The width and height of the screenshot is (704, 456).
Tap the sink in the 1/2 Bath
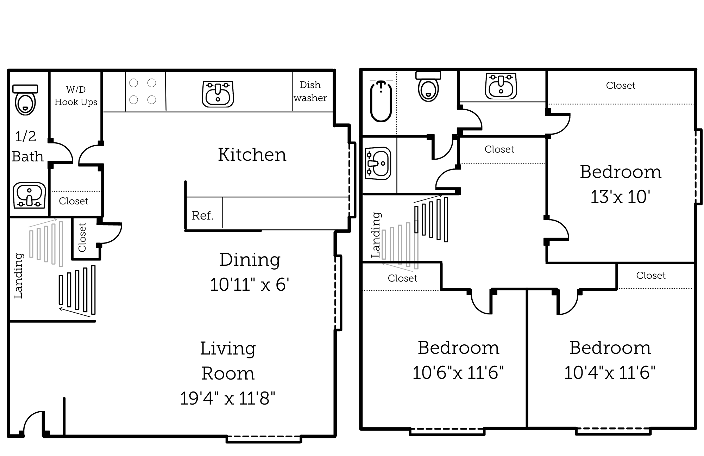tap(29, 195)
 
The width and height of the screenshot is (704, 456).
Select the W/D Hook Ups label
tap(76, 96)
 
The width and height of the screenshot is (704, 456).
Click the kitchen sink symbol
tap(218, 94)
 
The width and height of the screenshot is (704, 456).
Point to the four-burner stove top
tap(143, 91)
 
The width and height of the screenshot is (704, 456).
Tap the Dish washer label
tap(310, 91)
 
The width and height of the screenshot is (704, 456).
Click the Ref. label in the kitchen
tap(202, 215)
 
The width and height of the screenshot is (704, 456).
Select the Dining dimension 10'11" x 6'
tap(249, 284)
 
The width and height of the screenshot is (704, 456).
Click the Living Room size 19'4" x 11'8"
tap(227, 398)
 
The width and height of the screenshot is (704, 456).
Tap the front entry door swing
tap(33, 423)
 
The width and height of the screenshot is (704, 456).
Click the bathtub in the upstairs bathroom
tap(381, 101)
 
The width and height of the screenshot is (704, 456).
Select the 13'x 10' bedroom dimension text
tap(620, 197)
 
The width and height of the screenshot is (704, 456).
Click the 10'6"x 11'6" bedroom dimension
tap(458, 372)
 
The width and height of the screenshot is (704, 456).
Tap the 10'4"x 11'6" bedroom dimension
tap(610, 372)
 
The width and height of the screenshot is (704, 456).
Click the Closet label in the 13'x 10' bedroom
tap(620, 86)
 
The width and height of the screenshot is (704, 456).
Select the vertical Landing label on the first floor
tap(18, 276)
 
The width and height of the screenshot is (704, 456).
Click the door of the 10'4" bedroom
tap(568, 302)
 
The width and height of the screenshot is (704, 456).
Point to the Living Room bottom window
tap(264, 439)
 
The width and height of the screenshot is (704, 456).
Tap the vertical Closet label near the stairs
tap(82, 238)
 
